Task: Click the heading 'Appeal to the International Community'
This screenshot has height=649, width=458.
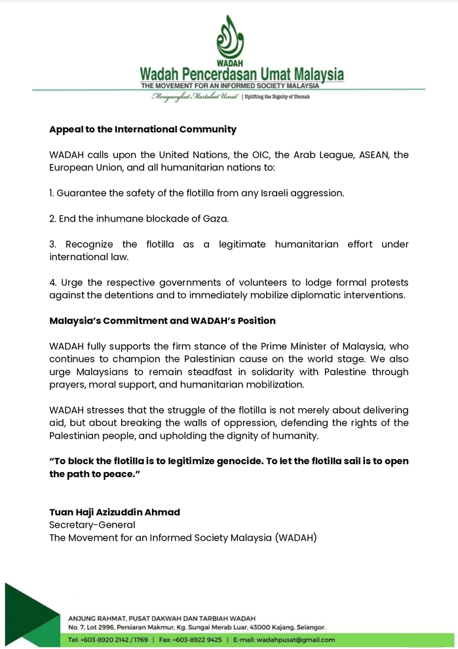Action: [142, 130]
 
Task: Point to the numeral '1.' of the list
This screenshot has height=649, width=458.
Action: [52, 193]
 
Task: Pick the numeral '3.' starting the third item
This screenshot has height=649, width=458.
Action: [52, 245]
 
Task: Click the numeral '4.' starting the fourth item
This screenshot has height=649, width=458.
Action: [52, 283]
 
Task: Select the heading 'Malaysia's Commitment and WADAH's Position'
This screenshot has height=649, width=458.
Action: [162, 321]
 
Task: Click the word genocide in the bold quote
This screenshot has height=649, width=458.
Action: [246, 461]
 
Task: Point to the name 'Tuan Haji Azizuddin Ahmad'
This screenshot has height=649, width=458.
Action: [115, 512]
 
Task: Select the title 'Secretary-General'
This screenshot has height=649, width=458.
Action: [92, 524]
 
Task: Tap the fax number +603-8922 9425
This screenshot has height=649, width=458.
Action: [197, 639]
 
